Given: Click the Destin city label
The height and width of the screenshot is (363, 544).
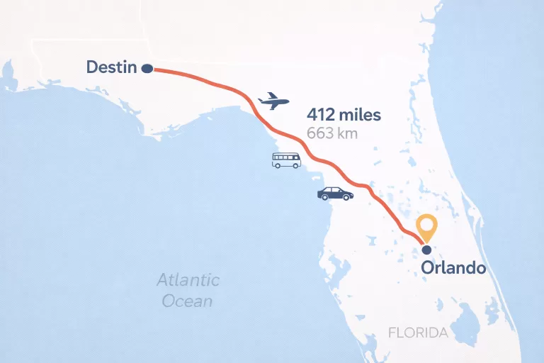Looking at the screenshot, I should [111, 67].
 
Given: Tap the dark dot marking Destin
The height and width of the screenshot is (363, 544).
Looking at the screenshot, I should [147, 69].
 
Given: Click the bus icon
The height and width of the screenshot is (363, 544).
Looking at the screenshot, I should [286, 160].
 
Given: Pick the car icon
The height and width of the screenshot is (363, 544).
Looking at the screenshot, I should [335, 194].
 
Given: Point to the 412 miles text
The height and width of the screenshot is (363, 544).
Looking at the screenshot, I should [344, 114].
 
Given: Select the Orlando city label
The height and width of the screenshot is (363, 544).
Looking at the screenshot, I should [453, 268].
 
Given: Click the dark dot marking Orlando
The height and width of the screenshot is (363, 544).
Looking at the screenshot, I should [426, 250].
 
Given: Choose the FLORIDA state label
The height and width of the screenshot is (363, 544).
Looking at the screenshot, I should [418, 333].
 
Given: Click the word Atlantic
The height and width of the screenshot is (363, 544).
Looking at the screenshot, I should [188, 280].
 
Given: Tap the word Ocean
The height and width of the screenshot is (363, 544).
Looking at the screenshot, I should [187, 301].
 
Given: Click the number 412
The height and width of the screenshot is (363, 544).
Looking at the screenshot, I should [322, 114].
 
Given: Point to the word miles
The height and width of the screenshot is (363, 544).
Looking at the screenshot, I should [360, 114].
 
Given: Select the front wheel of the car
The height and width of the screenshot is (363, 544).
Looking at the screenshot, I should [346, 198].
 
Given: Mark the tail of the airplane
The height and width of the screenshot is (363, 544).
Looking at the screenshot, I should [263, 96].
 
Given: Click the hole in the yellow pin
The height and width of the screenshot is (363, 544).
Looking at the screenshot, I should [426, 225].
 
